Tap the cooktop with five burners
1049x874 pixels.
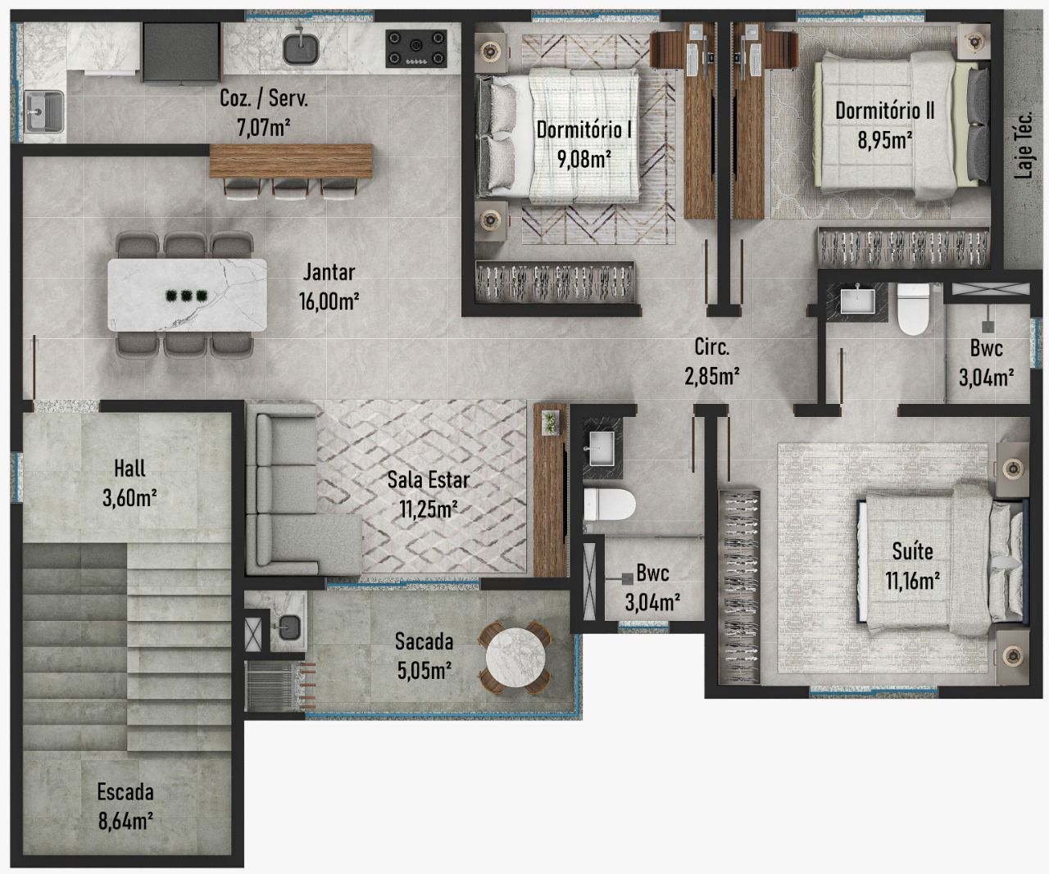(417, 47)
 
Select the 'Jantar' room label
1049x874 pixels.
(329, 272)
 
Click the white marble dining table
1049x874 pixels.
(188, 295)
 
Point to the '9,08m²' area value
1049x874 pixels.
(584, 158)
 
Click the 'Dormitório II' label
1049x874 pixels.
(884, 111)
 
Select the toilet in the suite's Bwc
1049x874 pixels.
(912, 310)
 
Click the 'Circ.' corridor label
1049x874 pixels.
(711, 346)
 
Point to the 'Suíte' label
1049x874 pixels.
(912, 551)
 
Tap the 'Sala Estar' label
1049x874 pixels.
(429, 480)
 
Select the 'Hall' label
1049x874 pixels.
(129, 469)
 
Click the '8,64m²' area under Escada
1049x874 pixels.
(125, 820)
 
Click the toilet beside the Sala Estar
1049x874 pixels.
(610, 505)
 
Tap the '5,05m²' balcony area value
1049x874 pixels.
(424, 671)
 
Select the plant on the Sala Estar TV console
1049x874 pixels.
(550, 421)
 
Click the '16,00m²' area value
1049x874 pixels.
(329, 301)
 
